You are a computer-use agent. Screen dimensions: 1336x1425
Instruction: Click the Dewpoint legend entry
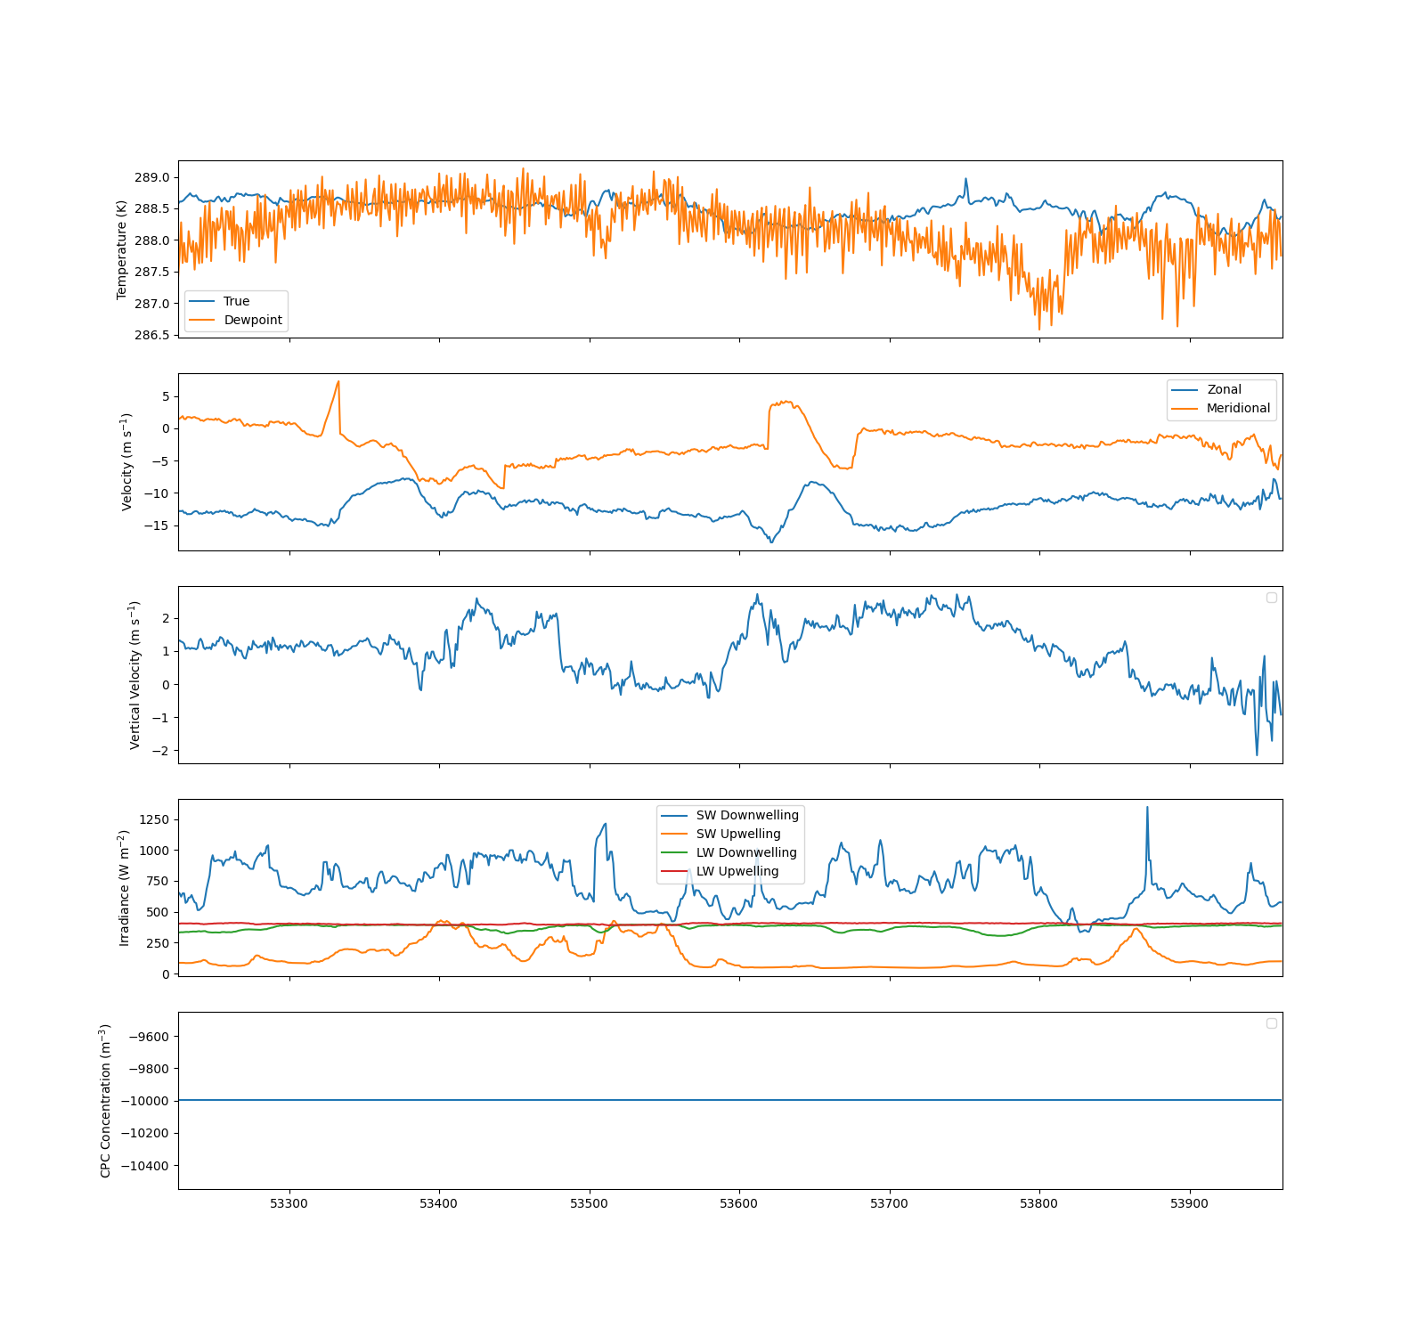(x=253, y=320)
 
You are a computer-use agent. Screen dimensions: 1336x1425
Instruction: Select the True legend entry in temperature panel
(x=236, y=301)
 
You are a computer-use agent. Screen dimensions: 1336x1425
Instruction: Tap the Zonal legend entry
(x=1224, y=389)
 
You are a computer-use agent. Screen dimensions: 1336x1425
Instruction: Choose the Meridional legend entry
(x=1238, y=408)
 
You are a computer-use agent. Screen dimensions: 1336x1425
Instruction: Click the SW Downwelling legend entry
(x=747, y=815)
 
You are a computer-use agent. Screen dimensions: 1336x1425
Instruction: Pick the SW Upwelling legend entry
(x=737, y=834)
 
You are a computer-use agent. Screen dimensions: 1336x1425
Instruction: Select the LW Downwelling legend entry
(x=746, y=852)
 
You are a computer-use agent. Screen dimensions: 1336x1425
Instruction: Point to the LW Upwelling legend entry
(x=737, y=871)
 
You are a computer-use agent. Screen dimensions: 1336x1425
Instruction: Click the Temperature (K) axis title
(x=122, y=249)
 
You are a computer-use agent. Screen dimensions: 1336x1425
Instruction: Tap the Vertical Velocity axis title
(x=135, y=674)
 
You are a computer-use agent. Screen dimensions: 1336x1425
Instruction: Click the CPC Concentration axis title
(x=105, y=1101)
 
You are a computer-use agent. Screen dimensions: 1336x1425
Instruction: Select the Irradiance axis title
(x=125, y=887)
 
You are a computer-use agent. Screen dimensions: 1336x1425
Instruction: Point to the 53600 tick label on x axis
(x=738, y=1204)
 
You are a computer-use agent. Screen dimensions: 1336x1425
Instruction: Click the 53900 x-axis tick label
(x=1189, y=1204)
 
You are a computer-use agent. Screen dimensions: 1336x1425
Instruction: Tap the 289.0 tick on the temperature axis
(x=151, y=177)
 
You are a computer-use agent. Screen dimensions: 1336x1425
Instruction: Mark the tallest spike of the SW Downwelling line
(x=1147, y=808)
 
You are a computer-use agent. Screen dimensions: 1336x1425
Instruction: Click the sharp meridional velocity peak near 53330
(x=338, y=381)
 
